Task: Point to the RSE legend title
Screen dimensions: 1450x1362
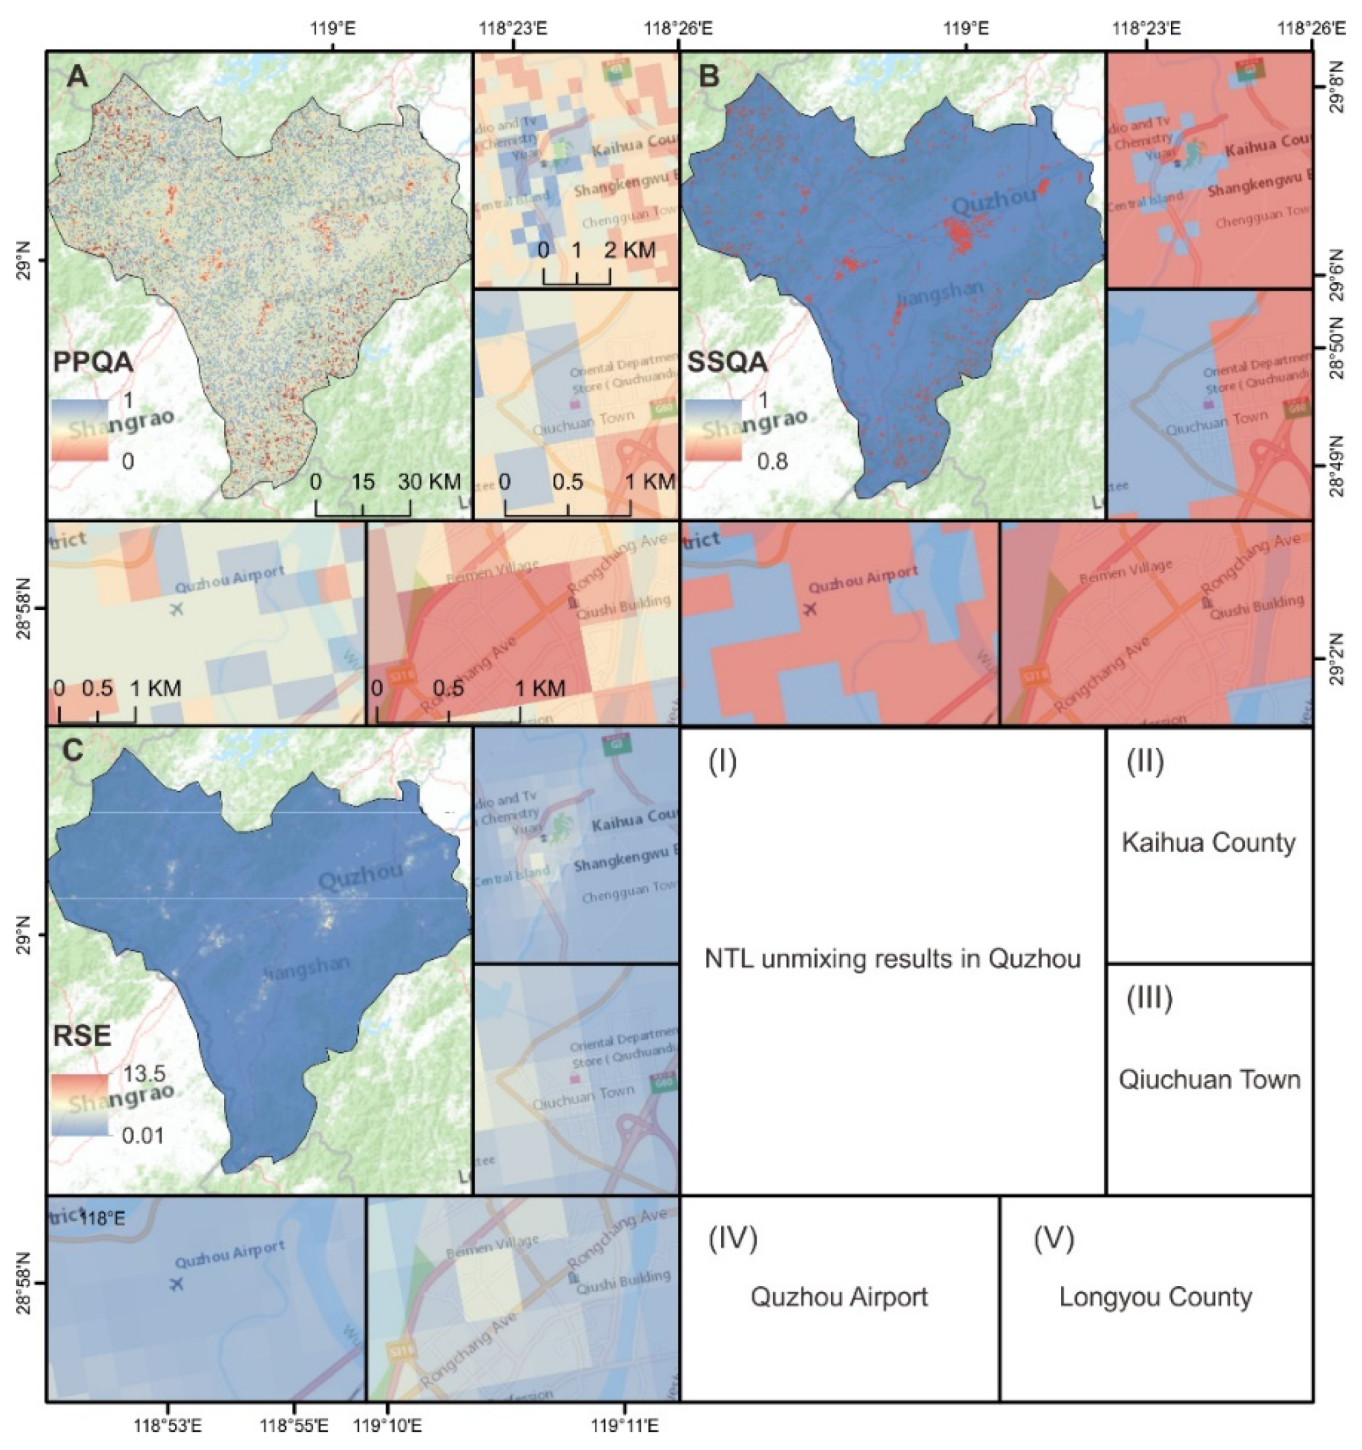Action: pyautogui.click(x=82, y=1036)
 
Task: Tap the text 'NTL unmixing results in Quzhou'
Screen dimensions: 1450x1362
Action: pyautogui.click(x=892, y=958)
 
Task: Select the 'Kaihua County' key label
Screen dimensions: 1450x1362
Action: pyautogui.click(x=1208, y=843)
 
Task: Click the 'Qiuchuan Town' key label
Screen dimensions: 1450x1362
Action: pyautogui.click(x=1210, y=1079)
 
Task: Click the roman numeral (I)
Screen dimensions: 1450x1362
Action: pyautogui.click(x=722, y=761)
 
